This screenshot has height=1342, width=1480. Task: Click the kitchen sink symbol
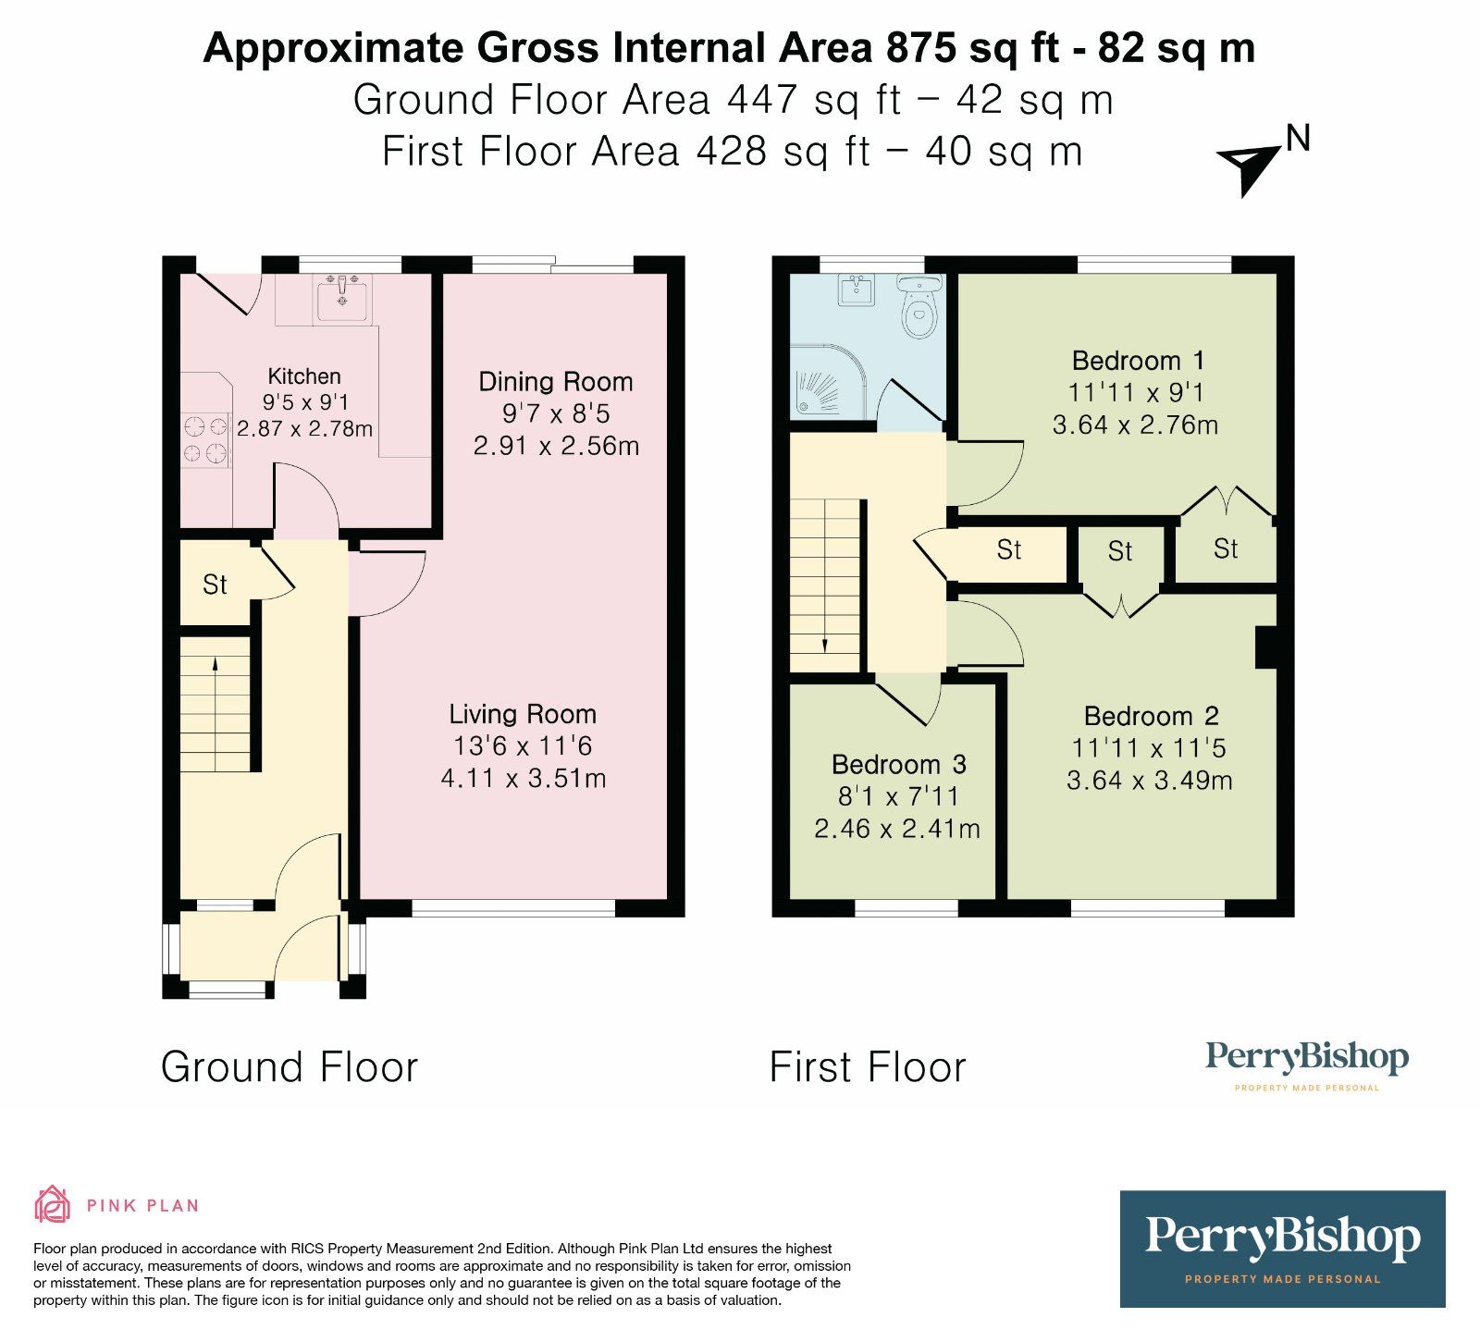pos(341,299)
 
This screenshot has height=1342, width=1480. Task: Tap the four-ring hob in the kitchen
pos(205,439)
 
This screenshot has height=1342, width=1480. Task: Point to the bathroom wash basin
pos(856,289)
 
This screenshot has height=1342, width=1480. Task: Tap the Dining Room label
pos(555,382)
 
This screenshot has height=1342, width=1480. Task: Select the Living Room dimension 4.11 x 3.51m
pos(524,778)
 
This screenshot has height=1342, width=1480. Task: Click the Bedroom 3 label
pos(898,764)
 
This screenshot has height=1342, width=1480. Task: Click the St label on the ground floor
pos(215,585)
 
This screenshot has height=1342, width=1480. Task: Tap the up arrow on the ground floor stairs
pos(215,663)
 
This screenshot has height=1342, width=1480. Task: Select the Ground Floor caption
pos(290,1067)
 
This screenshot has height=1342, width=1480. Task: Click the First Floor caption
pos(868,1067)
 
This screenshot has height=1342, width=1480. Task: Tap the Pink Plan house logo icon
pos(52,1204)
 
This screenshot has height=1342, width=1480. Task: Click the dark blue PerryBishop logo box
pos(1282,1249)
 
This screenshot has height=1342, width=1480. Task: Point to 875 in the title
pos(920,48)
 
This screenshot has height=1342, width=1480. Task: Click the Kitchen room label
pos(303,376)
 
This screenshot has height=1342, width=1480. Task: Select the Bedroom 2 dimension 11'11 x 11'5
pos(1149,747)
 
